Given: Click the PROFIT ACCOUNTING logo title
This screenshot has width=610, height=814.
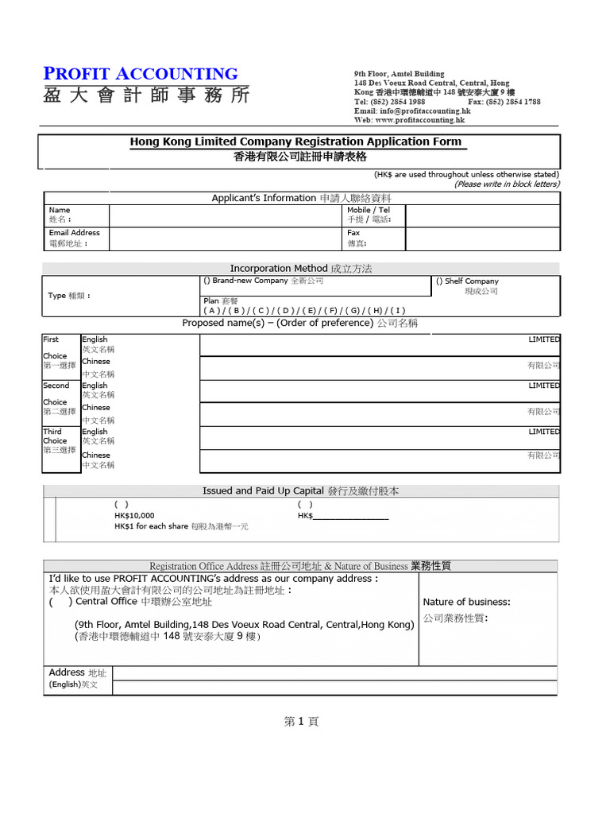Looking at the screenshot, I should [141, 74].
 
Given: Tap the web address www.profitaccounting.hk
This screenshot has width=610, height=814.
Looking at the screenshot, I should [419, 120].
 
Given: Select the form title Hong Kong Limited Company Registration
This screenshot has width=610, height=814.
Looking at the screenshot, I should [295, 141].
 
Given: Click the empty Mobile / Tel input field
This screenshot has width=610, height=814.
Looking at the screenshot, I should [482, 215].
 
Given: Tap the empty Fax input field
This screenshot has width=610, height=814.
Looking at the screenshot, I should [482, 238].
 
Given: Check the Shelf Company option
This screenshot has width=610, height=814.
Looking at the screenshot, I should [439, 281].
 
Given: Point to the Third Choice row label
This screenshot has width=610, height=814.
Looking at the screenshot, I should [56, 440].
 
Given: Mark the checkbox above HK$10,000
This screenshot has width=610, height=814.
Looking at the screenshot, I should [122, 504].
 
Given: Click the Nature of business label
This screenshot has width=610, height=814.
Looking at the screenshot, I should [466, 602].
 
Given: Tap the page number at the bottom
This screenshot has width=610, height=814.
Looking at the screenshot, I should [301, 722].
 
